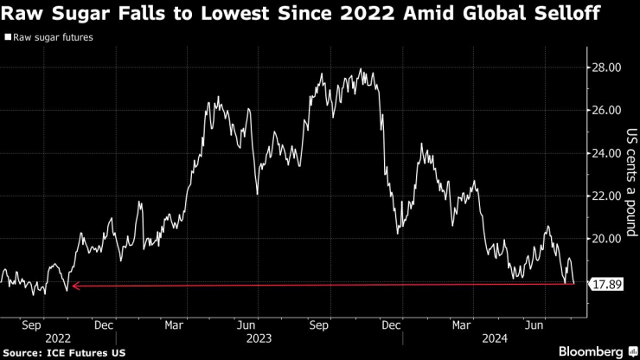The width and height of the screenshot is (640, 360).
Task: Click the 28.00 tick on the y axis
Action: [605, 67]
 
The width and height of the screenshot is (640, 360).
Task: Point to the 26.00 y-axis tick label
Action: [605, 110]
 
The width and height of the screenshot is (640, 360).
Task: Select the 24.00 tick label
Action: [605, 153]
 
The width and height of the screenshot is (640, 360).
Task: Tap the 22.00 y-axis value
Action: [605, 196]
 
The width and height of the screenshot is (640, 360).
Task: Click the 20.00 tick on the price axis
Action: [605, 238]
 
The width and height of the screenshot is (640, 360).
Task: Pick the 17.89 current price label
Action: [606, 284]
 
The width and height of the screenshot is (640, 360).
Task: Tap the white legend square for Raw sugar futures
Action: [9, 38]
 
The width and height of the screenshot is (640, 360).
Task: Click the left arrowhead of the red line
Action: [74, 285]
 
